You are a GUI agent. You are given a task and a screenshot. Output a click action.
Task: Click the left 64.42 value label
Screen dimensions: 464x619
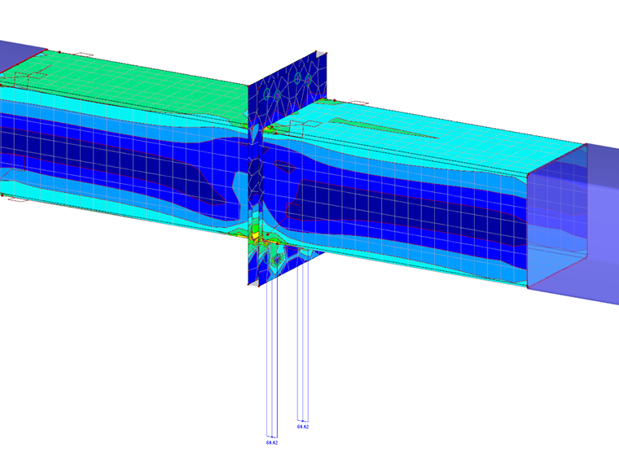coord(272,443)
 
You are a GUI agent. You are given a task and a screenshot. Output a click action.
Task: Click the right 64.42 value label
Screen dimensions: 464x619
coord(302,427)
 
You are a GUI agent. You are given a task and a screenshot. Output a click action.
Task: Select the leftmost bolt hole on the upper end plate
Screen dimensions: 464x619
coord(275,95)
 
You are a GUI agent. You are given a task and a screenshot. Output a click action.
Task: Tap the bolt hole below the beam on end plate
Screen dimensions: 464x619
coord(279,258)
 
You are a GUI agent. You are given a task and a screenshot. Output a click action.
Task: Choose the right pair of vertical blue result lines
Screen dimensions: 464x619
coord(303,342)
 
